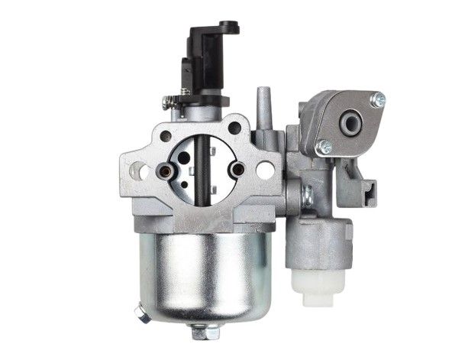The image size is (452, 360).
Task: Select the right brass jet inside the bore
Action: click(237, 168)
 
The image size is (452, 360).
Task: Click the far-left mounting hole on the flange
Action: click(137, 170)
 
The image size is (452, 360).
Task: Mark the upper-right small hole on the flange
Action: click(234, 128)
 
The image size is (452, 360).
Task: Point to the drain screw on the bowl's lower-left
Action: click(140, 313)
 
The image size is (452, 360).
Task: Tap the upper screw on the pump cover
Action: click(376, 99)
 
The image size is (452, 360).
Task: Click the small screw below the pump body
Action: click(305, 198)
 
